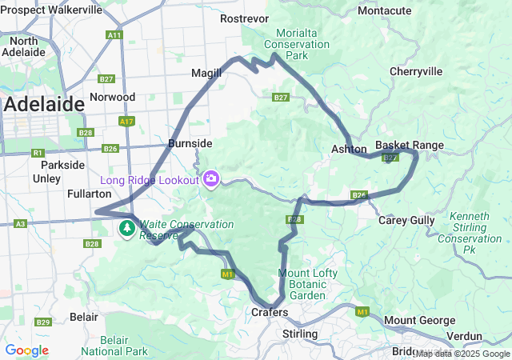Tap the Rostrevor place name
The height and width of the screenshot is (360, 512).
[x=242, y=18]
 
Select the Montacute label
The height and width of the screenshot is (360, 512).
[x=385, y=10]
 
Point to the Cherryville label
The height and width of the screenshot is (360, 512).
[x=416, y=71]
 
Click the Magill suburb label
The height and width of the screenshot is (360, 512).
[x=206, y=73]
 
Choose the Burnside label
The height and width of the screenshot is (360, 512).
[x=190, y=143]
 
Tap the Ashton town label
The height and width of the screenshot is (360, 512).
[x=349, y=149]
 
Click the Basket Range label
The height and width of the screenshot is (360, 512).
[x=410, y=145]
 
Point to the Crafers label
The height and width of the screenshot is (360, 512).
[x=269, y=312]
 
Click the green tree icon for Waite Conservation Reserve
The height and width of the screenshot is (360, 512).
[x=127, y=229]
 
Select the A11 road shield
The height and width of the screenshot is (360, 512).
[x=114, y=35]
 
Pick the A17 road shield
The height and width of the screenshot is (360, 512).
[x=126, y=122]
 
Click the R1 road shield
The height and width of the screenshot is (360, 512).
[x=37, y=152]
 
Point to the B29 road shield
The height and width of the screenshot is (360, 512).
[x=42, y=322]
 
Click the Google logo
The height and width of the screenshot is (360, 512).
[x=27, y=350]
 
